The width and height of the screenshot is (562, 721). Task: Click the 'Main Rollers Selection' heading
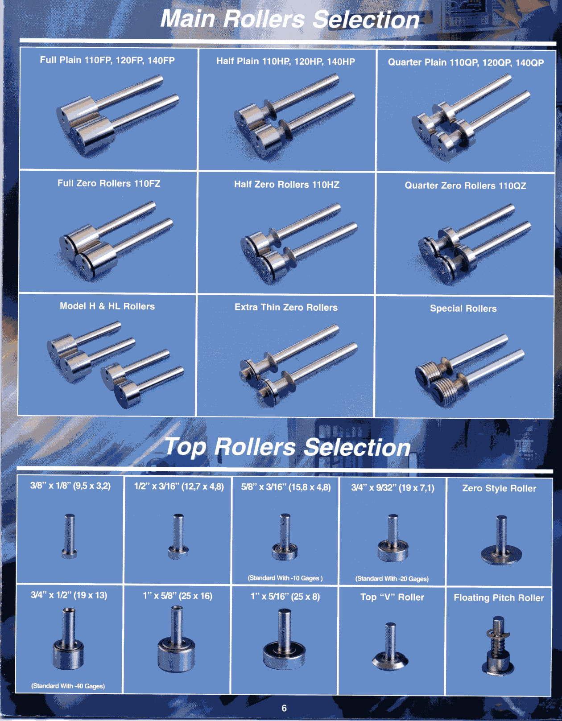(290, 19)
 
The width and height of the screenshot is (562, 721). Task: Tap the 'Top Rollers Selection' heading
(287, 447)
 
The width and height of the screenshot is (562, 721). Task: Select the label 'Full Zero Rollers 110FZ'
(109, 184)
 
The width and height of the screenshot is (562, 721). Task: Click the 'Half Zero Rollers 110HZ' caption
(287, 185)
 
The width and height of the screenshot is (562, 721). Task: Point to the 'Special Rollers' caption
(463, 309)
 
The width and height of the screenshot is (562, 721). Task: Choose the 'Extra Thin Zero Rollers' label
(286, 307)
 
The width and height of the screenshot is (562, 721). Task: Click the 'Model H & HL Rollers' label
(107, 306)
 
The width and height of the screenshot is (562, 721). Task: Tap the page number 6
(284, 708)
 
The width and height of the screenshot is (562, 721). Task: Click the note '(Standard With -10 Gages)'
(285, 578)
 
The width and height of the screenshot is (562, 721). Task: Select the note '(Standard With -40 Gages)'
(68, 686)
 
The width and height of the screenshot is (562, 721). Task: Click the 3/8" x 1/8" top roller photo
(69, 536)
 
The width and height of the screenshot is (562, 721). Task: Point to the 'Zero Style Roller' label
(499, 488)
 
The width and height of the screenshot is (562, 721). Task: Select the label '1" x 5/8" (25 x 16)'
(178, 596)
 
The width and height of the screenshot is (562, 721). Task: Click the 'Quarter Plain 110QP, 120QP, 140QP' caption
(466, 62)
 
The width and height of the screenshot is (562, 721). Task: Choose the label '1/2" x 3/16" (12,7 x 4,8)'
(179, 487)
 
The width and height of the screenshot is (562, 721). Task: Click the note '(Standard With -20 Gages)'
(392, 579)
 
